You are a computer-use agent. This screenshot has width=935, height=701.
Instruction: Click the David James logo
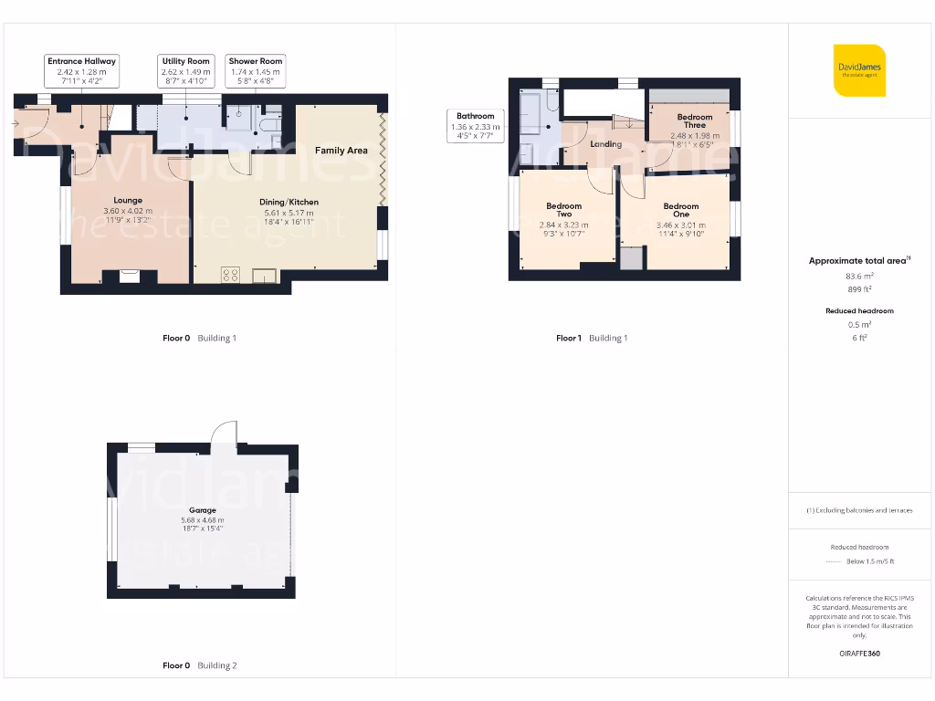(x=859, y=70)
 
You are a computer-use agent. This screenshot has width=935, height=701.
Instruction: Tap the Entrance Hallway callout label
(x=82, y=70)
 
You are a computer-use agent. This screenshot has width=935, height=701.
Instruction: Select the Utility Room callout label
(x=186, y=70)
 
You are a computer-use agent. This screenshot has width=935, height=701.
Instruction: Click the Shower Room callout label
(x=256, y=70)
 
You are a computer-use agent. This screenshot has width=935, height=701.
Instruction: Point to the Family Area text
(x=341, y=150)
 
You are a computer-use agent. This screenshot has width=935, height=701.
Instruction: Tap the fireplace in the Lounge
(x=130, y=275)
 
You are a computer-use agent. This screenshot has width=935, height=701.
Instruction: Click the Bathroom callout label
(x=476, y=126)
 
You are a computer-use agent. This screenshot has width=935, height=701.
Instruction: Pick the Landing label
(x=606, y=144)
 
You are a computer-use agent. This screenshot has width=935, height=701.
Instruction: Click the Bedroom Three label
(x=695, y=121)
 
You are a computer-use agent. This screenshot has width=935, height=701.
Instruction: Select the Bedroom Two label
(x=564, y=210)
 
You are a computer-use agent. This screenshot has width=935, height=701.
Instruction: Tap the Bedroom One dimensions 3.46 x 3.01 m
(x=681, y=224)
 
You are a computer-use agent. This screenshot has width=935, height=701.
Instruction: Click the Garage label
(x=203, y=510)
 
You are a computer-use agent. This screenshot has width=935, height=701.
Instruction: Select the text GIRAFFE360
(x=859, y=654)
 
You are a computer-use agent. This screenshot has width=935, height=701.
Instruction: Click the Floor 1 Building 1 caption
(x=592, y=339)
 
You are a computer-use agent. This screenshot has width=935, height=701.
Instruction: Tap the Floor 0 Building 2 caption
(x=199, y=666)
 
